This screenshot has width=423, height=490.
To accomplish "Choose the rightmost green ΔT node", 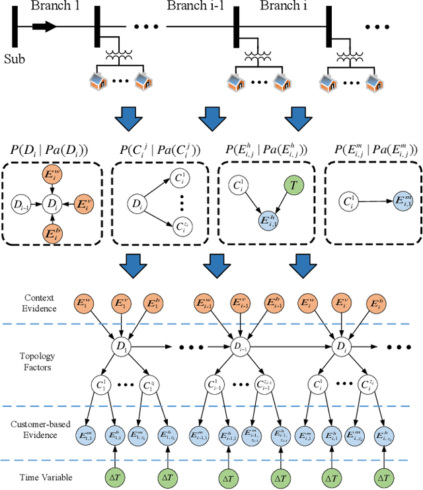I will [383, 475].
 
